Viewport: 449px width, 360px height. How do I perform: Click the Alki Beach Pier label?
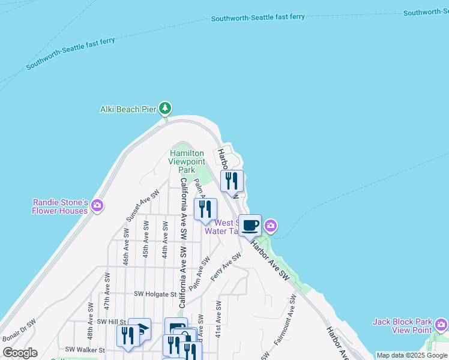(x=128, y=109)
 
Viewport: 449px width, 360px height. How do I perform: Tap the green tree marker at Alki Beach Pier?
(x=165, y=109)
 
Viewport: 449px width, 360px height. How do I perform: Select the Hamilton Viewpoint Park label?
(x=187, y=161)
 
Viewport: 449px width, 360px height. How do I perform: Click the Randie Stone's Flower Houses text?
(x=60, y=206)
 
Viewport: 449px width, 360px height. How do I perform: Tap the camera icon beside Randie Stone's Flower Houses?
(x=97, y=206)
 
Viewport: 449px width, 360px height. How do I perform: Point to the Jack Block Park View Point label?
(x=402, y=326)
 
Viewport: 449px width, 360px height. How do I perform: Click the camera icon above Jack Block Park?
(x=441, y=325)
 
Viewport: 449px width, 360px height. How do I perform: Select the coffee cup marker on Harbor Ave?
(x=250, y=226)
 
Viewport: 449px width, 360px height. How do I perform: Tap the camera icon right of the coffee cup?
(x=271, y=226)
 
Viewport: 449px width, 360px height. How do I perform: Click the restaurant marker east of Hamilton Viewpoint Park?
(x=232, y=180)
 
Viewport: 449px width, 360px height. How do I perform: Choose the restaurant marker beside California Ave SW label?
(x=205, y=209)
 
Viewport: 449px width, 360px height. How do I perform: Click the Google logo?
(x=20, y=353)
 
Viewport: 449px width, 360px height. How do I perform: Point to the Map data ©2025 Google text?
(x=412, y=355)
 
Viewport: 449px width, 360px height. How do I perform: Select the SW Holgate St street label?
(x=155, y=295)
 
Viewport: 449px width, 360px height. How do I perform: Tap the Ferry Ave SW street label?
(x=226, y=266)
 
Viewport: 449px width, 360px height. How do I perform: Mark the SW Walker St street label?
(x=85, y=349)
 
